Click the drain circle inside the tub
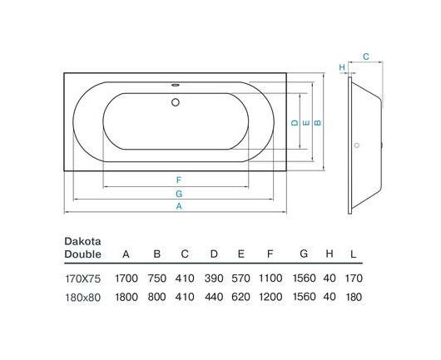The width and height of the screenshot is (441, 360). pos(176,102)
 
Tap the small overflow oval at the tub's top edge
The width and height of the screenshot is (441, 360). pos(176,84)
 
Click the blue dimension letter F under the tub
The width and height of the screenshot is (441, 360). pos(179,180)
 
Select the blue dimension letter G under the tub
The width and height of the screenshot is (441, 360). pos(179,194)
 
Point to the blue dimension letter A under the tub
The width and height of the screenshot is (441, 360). pos(179,206)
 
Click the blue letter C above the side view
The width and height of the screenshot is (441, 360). pos(365,57)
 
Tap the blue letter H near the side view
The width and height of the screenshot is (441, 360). pos(342,67)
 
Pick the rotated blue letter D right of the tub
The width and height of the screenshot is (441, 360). pos(295,123)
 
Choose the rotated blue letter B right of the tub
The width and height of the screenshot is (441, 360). pos(317,123)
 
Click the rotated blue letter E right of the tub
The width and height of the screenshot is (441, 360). pos(306,123)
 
